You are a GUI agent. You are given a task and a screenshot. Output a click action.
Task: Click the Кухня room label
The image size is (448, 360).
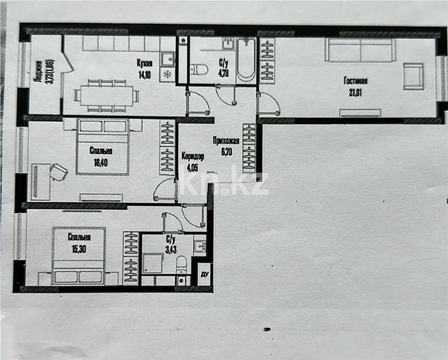click(x=144, y=63)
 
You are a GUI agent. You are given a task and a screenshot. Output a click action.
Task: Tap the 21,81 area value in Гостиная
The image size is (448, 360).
click(x=355, y=94)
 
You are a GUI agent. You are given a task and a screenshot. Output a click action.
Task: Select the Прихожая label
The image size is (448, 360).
click(x=226, y=140)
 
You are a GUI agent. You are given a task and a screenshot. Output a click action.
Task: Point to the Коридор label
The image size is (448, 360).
click(x=193, y=156)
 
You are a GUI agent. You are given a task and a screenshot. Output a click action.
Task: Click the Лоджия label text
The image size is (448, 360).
click(x=38, y=71)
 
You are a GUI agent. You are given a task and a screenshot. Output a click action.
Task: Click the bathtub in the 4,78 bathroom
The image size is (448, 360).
click(x=245, y=60)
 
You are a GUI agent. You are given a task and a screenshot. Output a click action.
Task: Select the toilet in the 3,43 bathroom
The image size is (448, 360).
click(x=181, y=265)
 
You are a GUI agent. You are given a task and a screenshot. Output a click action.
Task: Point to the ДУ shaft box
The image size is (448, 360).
click(x=205, y=274)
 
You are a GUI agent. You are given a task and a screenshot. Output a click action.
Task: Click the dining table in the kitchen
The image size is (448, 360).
click(x=106, y=96)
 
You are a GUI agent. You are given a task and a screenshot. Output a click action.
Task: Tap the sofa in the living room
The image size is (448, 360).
click(x=360, y=50)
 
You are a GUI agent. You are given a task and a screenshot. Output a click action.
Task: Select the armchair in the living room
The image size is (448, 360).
click(x=413, y=76)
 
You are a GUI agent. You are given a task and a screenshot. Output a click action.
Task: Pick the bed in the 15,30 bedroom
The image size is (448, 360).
click(x=78, y=256)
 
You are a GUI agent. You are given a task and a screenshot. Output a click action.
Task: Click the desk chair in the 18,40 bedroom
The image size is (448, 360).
click(x=59, y=172)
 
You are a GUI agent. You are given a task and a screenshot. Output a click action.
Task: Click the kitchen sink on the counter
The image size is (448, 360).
click(x=167, y=60)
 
